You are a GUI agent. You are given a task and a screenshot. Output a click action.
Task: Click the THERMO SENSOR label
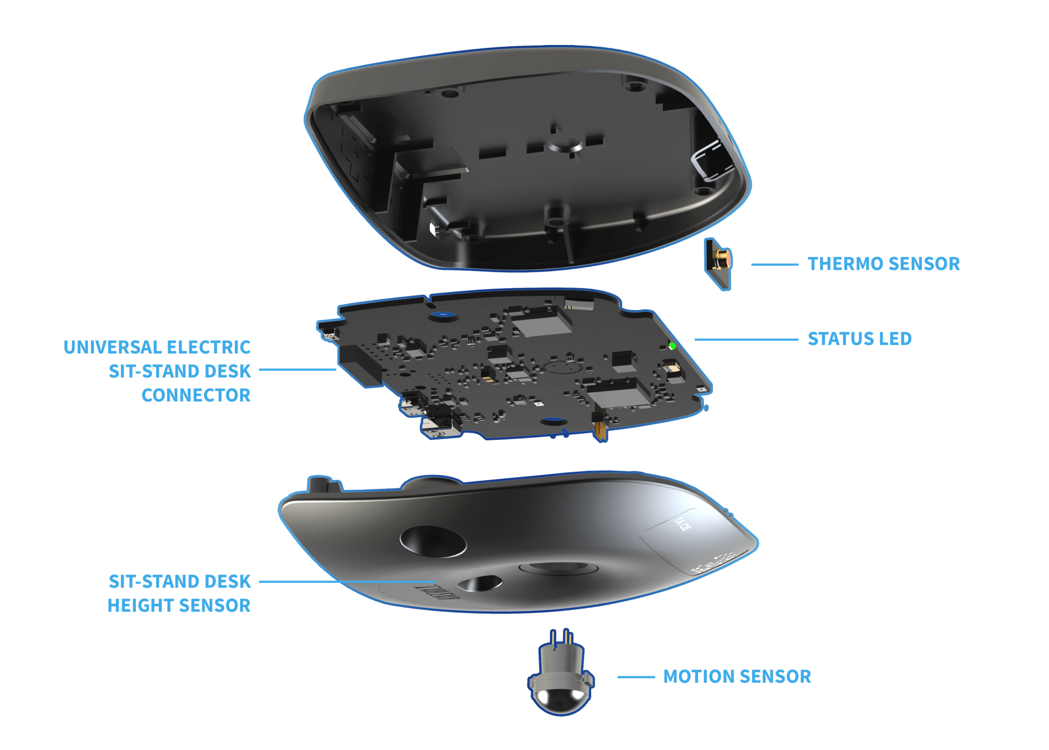pyautogui.click(x=884, y=263)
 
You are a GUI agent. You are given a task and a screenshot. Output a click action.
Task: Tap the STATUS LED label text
pyautogui.click(x=859, y=339)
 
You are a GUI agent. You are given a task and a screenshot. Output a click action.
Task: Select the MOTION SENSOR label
pyautogui.click(x=737, y=677)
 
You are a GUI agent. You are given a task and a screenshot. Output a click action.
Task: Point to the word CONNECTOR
pyautogui.click(x=196, y=395)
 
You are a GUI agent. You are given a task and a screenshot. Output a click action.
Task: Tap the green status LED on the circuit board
pyautogui.click(x=673, y=346)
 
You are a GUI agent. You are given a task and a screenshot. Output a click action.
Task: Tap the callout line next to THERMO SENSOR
pyautogui.click(x=774, y=265)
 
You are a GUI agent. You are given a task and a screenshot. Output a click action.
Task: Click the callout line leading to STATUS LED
pyautogui.click(x=746, y=339)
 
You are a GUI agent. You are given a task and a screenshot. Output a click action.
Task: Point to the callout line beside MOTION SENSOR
pyautogui.click(x=636, y=677)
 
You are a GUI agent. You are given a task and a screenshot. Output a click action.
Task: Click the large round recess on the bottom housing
pyautogui.click(x=433, y=541)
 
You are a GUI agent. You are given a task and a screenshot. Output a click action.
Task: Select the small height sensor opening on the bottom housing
pyautogui.click(x=480, y=583)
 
